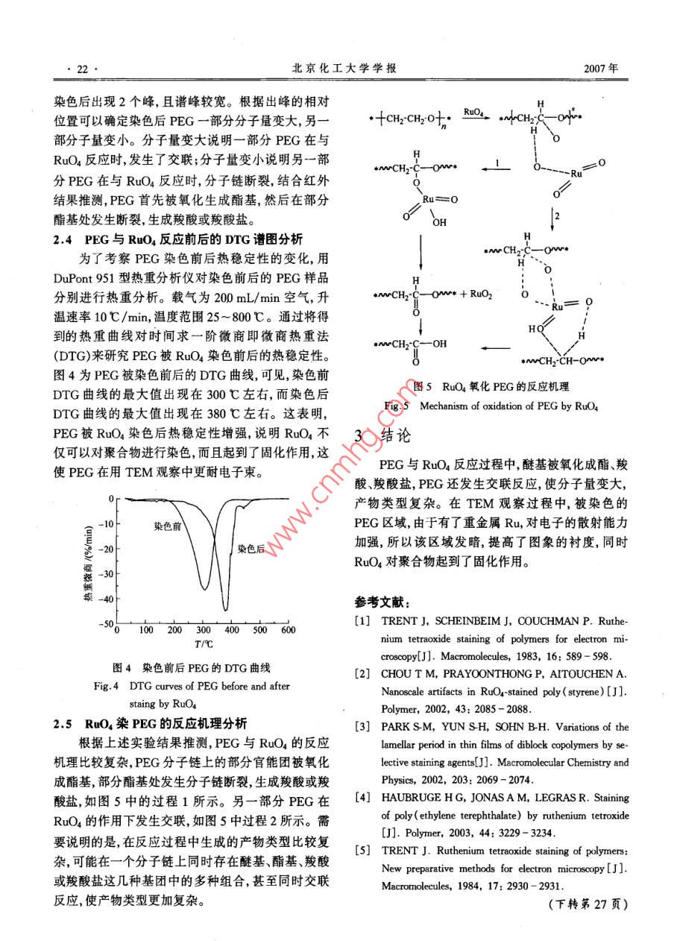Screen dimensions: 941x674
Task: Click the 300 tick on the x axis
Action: pyautogui.click(x=202, y=630)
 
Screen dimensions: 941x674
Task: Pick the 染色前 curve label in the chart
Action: pyautogui.click(x=168, y=526)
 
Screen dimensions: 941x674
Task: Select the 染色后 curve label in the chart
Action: pyautogui.click(x=251, y=548)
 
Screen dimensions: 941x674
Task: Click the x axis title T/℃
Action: pyautogui.click(x=204, y=643)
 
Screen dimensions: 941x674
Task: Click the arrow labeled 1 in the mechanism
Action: pyautogui.click(x=497, y=165)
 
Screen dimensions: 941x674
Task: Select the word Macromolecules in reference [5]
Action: pyautogui.click(x=417, y=887)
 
